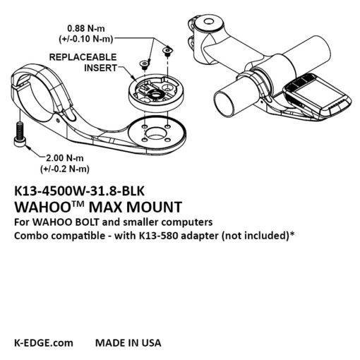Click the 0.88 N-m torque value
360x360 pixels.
pos(86,28)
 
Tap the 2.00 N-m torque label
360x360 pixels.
pos(65,158)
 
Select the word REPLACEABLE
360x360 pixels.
pos(83,57)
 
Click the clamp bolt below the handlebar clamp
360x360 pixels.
pos(19,134)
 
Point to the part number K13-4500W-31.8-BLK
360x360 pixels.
pos(79,191)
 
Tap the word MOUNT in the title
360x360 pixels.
pos(155,207)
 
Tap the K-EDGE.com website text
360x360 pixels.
pos(44,342)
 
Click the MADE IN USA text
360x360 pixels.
pos(128,342)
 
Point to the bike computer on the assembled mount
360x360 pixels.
pos(316,96)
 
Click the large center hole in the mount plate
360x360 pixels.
pos(156,133)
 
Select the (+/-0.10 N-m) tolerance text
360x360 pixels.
pos(86,39)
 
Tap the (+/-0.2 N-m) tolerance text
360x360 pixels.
pos(65,169)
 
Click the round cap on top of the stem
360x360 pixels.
pos(208,23)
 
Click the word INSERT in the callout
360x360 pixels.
pos(100,68)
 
